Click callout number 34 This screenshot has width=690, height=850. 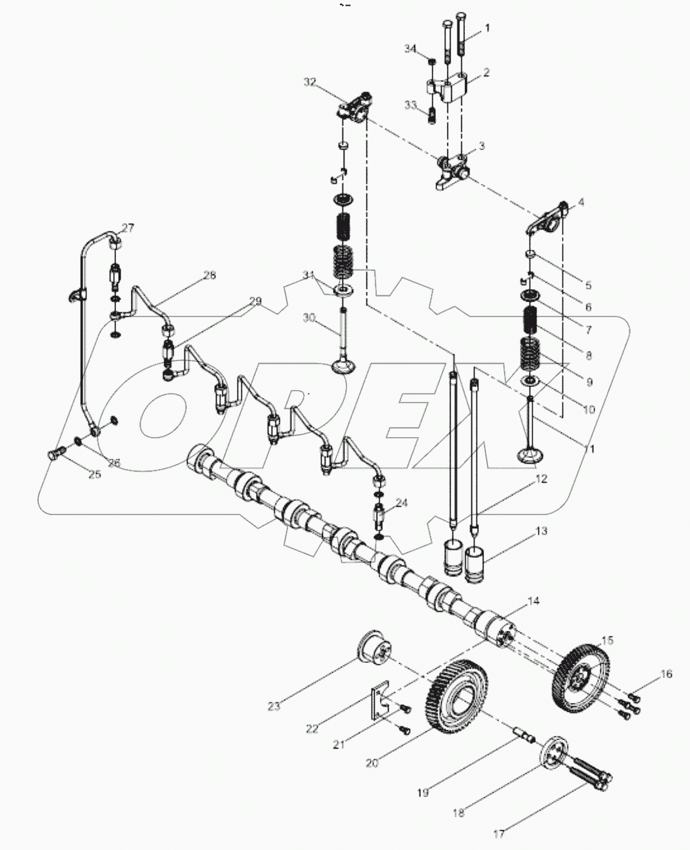(x=411, y=49)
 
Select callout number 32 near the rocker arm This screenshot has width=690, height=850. (x=310, y=82)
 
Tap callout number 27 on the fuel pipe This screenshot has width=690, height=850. (x=128, y=228)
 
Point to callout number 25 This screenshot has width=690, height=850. (x=95, y=475)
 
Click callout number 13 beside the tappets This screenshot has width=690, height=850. (x=540, y=531)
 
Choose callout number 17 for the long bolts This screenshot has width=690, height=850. (x=499, y=834)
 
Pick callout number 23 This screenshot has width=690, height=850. (x=274, y=706)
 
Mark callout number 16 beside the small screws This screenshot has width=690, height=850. (x=665, y=674)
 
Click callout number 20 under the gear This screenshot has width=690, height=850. (x=371, y=763)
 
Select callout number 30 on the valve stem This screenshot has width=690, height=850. (x=309, y=317)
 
